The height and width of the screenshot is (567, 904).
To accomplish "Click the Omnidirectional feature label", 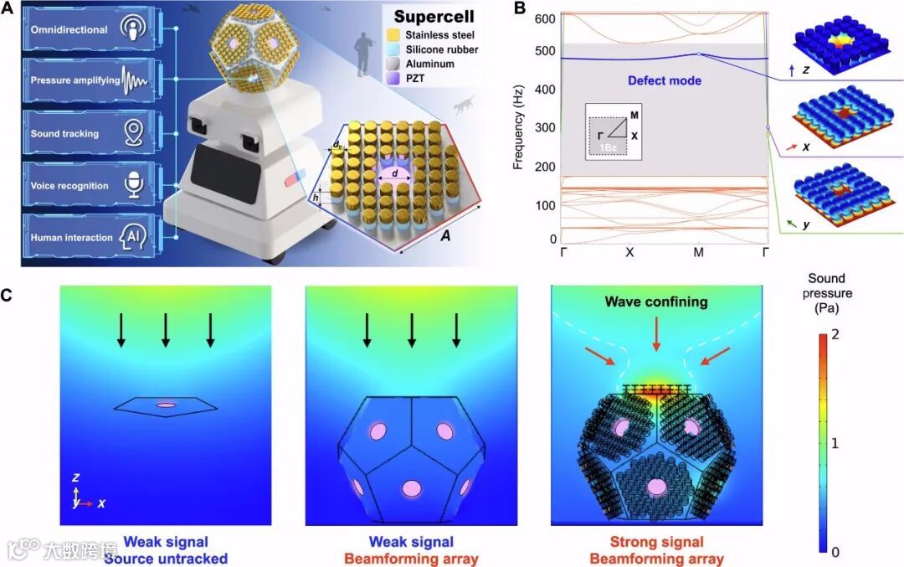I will (x=69, y=30).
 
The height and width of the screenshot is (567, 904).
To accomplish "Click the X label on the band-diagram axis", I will (x=629, y=251).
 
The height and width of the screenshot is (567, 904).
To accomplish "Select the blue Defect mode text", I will (x=665, y=81).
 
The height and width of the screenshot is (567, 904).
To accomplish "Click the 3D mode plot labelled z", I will (x=838, y=39).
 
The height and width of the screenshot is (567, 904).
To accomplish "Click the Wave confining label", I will (x=658, y=302).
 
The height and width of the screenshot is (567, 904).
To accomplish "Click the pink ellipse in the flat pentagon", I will (x=166, y=405).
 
